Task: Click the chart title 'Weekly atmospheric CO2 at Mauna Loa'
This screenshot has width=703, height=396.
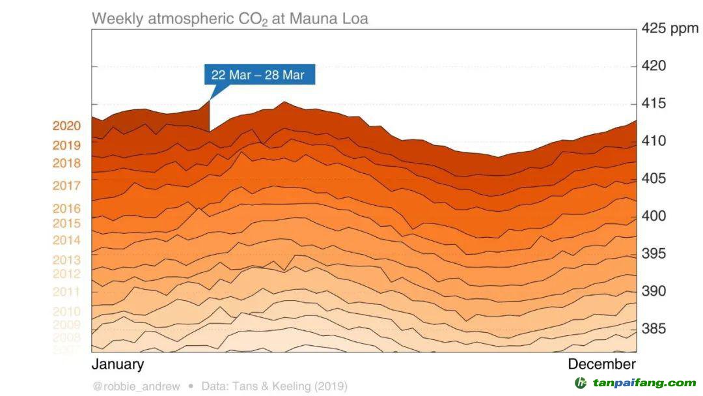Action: pyautogui.click(x=230, y=18)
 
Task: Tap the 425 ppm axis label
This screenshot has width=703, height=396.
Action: pyautogui.click(x=669, y=29)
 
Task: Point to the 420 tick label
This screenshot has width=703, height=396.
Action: pyautogui.click(x=654, y=66)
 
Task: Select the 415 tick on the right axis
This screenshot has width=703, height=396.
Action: pyautogui.click(x=654, y=104)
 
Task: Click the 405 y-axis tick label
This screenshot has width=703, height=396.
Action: pyautogui.click(x=654, y=178)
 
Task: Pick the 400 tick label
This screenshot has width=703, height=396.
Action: pyautogui.click(x=654, y=216)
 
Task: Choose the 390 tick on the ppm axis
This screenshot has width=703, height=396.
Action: pyautogui.click(x=654, y=291)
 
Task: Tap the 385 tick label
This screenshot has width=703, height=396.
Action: pyautogui.click(x=654, y=329)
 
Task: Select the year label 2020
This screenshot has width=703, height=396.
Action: pyautogui.click(x=67, y=126)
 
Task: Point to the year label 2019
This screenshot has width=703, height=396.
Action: pyautogui.click(x=67, y=145)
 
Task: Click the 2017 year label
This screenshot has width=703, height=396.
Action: pyautogui.click(x=67, y=186)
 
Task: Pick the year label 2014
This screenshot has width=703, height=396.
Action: pyautogui.click(x=67, y=240)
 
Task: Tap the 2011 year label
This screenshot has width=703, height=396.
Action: pyautogui.click(x=67, y=292)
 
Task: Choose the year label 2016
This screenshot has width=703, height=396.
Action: pyautogui.click(x=67, y=208)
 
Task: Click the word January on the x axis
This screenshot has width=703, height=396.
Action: pyautogui.click(x=118, y=364)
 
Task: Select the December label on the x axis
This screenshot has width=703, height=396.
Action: pyautogui.click(x=601, y=364)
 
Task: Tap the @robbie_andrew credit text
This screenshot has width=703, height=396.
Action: pyautogui.click(x=136, y=386)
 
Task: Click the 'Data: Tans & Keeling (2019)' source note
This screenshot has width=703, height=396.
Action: pyautogui.click(x=274, y=386)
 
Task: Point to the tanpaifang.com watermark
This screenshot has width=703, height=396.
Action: pyautogui.click(x=635, y=383)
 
